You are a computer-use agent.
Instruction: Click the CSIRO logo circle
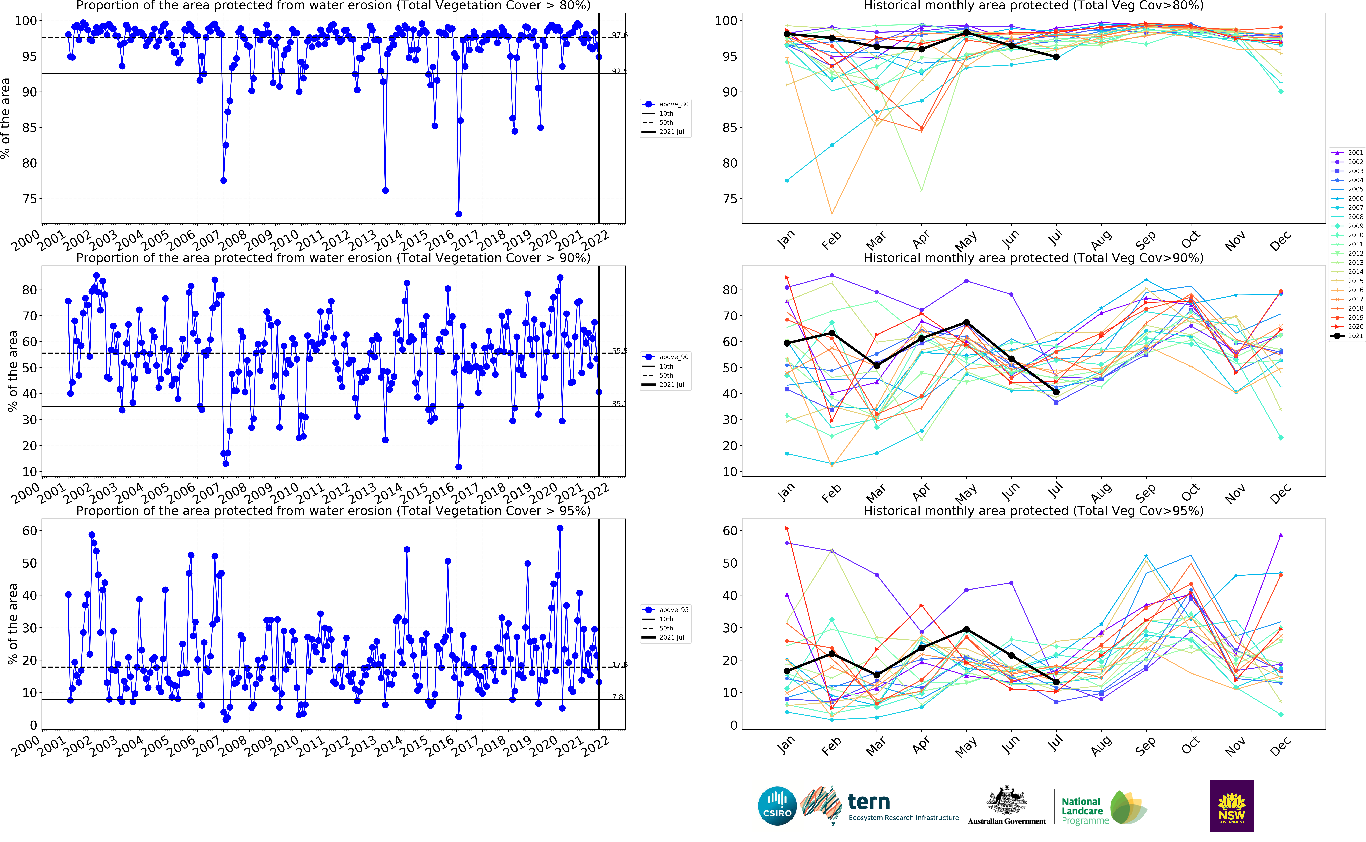(777, 806)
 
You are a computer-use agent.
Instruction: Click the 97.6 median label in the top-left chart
(620, 35)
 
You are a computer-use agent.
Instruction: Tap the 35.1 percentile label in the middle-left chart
(620, 404)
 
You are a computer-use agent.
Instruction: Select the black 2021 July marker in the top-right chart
(1056, 57)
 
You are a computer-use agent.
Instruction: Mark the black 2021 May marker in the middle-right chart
(966, 322)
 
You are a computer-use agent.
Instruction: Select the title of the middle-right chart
(1033, 258)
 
